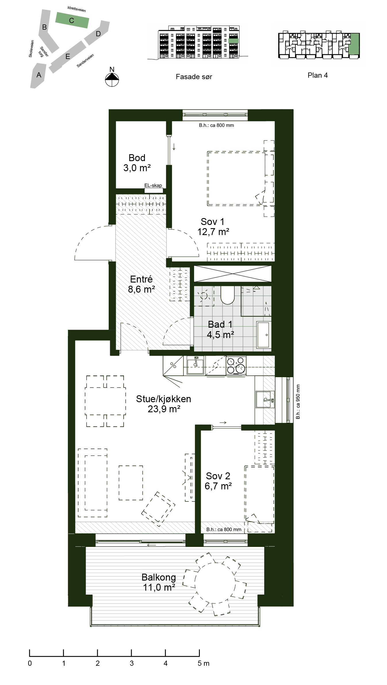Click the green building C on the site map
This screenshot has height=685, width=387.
coord(72,20)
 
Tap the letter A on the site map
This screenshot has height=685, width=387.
coord(39,75)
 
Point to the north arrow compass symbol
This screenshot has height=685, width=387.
coord(112,80)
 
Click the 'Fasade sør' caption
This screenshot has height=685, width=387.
coord(194,77)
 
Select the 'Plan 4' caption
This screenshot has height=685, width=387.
coord(317,75)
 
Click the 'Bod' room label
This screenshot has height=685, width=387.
coord(137,158)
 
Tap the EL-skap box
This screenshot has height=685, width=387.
coord(154,190)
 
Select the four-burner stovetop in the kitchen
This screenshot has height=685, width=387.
coord(236,365)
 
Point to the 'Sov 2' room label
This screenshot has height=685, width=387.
coord(218,476)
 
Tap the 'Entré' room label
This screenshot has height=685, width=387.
coord(141,279)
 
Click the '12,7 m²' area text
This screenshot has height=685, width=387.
coord(213,232)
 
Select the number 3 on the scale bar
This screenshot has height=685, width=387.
coord(132,663)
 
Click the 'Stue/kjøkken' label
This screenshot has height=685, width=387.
coord(164,399)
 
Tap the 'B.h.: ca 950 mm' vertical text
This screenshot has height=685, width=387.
coord(298,402)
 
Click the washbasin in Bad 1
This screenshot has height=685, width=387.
coord(263,335)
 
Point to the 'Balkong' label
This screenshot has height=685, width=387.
coord(159,577)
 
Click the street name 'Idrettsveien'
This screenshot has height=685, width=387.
coord(77,9)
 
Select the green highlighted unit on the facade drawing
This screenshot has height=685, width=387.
coord(233,41)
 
